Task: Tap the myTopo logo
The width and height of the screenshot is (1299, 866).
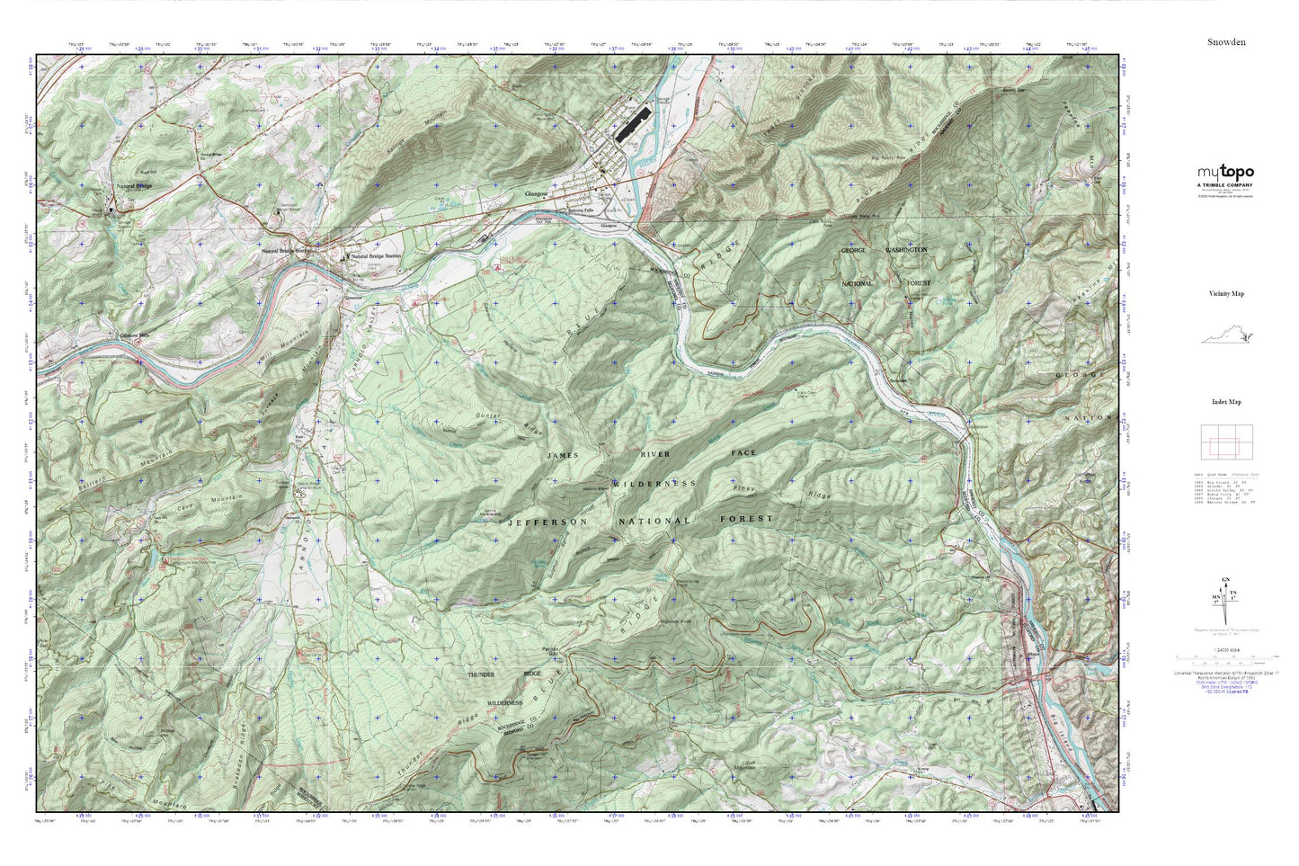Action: (1224, 174)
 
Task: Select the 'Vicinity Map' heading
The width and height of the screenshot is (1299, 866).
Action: (1225, 293)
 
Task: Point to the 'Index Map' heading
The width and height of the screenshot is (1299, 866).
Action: (1225, 402)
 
